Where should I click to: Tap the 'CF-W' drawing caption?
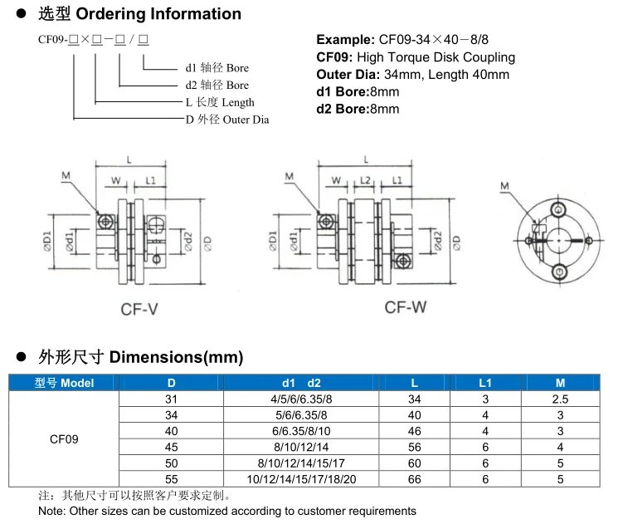coord(405,307)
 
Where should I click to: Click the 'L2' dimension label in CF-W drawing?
coord(364,179)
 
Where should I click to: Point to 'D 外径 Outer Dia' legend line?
coord(226,120)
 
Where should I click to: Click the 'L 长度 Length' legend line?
coord(219,102)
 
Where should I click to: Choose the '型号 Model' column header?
coord(65,383)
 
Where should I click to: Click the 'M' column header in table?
coord(560,383)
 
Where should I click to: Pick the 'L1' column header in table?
coord(485,383)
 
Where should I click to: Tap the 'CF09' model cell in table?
coord(65,439)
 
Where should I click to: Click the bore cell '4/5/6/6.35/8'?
coord(301,399)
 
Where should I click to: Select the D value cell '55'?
coord(172,479)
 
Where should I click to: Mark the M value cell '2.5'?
coord(560,399)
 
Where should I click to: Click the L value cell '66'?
coord(414,479)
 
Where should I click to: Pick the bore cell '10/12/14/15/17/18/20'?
coord(301,479)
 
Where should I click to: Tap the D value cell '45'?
coord(172,447)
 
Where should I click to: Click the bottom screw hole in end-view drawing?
coord(560,272)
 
